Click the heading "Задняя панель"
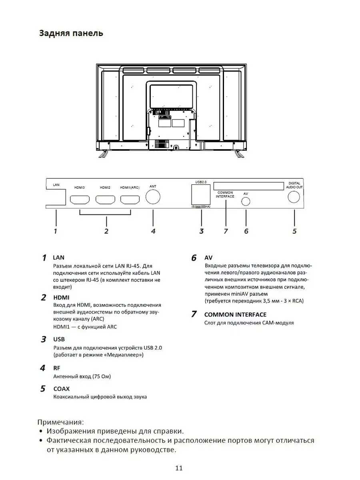(x=71, y=33)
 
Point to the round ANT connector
(x=153, y=197)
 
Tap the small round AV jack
(x=246, y=201)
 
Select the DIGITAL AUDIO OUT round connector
(x=294, y=197)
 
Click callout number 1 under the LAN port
(x=56, y=231)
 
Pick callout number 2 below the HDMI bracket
(x=106, y=231)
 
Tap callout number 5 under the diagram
(x=294, y=231)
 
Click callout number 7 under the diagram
(x=226, y=231)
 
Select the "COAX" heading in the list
(x=61, y=388)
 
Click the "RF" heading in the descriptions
(x=56, y=368)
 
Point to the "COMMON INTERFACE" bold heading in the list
(x=235, y=314)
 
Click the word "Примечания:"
(x=61, y=422)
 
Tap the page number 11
(x=179, y=468)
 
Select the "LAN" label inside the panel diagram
(x=56, y=185)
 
